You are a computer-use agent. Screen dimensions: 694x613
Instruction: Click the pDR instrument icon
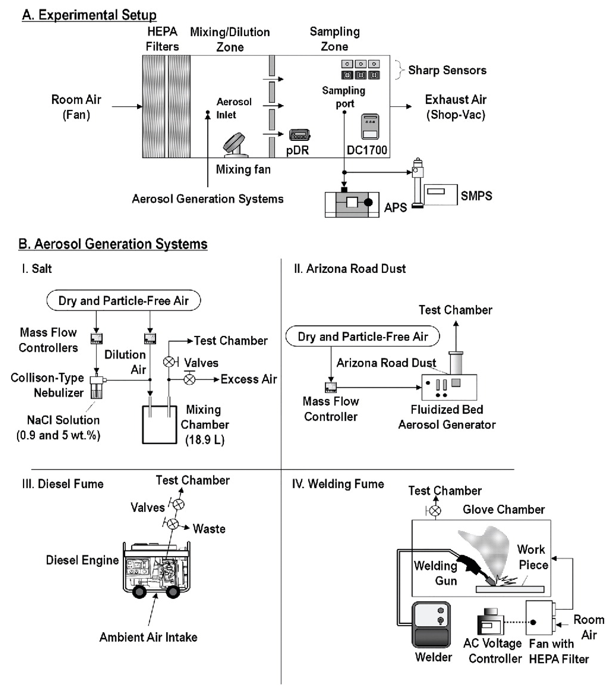[299, 135]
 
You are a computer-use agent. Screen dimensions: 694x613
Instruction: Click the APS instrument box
[352, 204]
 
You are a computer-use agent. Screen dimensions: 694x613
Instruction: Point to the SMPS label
[476, 196]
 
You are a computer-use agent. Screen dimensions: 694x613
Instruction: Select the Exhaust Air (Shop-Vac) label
[455, 107]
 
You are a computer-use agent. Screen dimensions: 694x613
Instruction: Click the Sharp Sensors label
[447, 70]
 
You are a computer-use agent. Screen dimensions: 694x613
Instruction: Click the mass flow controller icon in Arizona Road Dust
[331, 387]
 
